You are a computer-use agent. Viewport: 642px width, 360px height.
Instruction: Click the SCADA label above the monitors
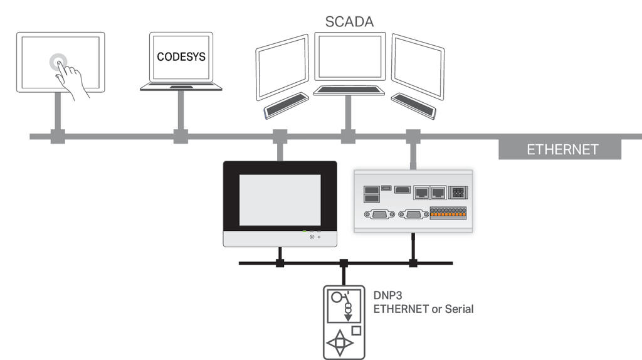(x=349, y=22)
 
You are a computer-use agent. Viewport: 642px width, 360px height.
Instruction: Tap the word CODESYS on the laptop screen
(x=181, y=56)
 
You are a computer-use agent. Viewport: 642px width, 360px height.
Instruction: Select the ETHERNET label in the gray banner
(x=562, y=149)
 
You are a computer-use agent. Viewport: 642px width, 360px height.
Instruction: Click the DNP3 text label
(x=387, y=295)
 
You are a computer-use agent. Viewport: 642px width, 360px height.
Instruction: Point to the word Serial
(x=459, y=309)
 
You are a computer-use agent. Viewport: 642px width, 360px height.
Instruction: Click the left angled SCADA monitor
(x=282, y=68)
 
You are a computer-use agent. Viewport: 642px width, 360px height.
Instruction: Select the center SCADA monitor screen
(x=350, y=56)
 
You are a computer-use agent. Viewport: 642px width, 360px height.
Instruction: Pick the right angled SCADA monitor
(x=418, y=66)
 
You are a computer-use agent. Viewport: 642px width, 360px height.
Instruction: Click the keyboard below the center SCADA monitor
(x=349, y=90)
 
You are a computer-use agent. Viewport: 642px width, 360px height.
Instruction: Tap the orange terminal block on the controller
(x=448, y=213)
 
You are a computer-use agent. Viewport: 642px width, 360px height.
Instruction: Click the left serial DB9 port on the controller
(x=379, y=214)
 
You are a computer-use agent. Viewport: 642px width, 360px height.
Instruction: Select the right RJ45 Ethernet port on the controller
(x=438, y=193)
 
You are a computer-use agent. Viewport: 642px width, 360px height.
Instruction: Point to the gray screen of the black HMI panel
(x=280, y=200)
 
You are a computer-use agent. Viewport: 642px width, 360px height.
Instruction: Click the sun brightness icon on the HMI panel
(x=312, y=236)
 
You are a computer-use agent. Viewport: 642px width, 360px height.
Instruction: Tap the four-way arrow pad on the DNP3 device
(x=339, y=343)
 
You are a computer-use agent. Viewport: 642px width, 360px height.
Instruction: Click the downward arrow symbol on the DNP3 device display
(x=348, y=317)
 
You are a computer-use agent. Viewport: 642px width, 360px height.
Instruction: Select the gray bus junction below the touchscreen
(x=58, y=136)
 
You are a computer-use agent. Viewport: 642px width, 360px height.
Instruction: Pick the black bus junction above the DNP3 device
(x=344, y=263)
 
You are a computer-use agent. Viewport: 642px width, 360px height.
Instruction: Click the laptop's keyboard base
(x=181, y=87)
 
